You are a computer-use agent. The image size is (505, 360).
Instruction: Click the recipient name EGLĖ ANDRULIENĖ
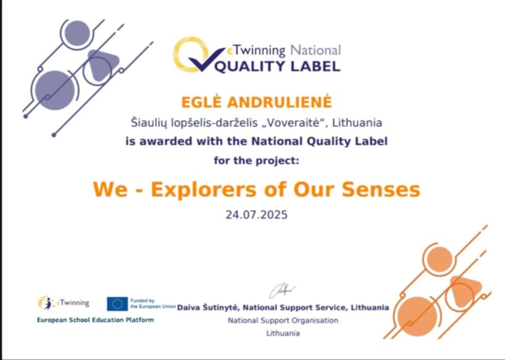(x=256, y=102)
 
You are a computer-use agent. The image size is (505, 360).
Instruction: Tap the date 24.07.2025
(x=256, y=214)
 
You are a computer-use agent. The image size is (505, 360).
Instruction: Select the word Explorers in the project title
(x=204, y=189)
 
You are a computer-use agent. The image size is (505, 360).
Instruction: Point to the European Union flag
(x=117, y=304)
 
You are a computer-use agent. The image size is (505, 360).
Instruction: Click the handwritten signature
(x=282, y=291)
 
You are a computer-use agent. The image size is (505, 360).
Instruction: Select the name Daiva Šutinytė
(x=208, y=308)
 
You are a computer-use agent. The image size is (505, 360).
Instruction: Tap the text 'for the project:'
(x=256, y=160)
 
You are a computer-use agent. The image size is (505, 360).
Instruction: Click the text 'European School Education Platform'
(x=95, y=320)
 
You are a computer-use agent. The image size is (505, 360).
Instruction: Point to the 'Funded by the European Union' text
(x=153, y=304)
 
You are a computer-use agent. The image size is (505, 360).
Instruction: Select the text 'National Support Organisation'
(x=283, y=320)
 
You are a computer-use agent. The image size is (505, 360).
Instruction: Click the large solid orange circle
(x=417, y=316)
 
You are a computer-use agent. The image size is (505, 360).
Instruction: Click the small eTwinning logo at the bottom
(x=63, y=303)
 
